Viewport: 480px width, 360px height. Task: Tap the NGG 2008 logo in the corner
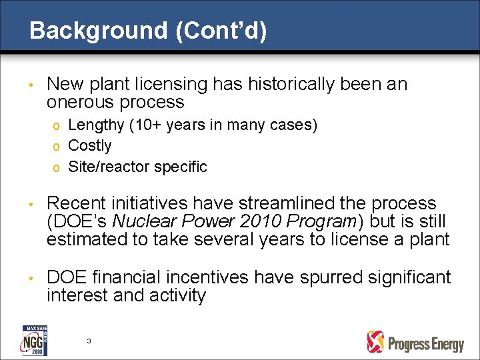pyautogui.click(x=33, y=341)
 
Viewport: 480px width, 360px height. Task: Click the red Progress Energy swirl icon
pyautogui.click(x=376, y=342)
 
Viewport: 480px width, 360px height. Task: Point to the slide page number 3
pyautogui.click(x=89, y=341)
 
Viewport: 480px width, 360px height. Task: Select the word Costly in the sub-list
pyautogui.click(x=90, y=145)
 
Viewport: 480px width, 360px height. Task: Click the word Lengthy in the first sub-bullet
pyautogui.click(x=96, y=125)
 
